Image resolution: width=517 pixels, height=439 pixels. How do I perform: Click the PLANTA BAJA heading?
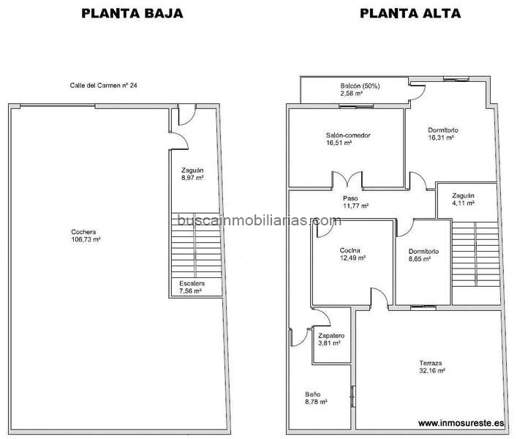[132, 13]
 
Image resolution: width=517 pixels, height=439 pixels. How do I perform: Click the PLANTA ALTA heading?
[410, 13]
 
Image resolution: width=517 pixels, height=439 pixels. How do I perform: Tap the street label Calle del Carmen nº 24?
[104, 86]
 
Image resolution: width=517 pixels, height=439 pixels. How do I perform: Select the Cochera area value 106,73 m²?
[86, 239]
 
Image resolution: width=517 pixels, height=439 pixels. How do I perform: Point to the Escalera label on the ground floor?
[192, 283]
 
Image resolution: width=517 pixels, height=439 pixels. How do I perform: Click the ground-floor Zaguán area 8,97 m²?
[192, 178]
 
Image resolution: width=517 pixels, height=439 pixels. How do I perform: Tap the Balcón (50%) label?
[360, 86]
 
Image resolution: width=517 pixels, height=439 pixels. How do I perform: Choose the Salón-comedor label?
[348, 135]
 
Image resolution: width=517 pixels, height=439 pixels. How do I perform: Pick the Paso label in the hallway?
[350, 198]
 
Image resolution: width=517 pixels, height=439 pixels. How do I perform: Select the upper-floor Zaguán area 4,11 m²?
[464, 203]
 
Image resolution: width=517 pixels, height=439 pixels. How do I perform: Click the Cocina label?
[350, 250]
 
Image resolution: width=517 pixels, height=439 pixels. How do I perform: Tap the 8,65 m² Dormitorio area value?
[420, 259]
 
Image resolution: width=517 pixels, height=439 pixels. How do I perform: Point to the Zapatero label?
[331, 336]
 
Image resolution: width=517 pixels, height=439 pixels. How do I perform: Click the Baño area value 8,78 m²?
[316, 402]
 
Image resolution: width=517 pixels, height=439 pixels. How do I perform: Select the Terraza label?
[431, 363]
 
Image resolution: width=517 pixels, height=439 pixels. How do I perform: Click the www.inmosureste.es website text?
[461, 423]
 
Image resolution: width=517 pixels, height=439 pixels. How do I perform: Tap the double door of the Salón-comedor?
[347, 179]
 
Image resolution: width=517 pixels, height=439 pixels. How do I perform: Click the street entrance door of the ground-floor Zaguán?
[187, 115]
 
